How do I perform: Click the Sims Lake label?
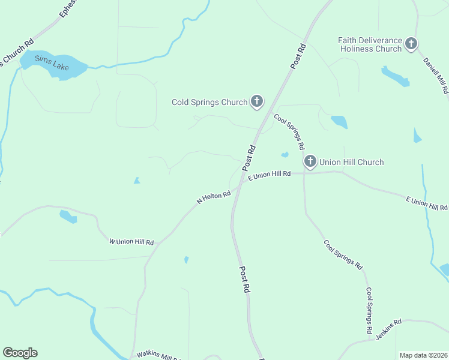(x=53, y=62)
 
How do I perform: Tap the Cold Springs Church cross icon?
(x=257, y=101)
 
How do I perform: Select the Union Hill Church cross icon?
(x=310, y=161)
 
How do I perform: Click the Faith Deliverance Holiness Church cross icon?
(x=411, y=43)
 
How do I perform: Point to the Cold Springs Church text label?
(x=209, y=102)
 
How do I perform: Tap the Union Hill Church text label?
(x=352, y=162)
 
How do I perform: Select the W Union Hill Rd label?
(x=131, y=242)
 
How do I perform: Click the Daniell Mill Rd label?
(x=436, y=76)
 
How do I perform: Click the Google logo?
(x=20, y=353)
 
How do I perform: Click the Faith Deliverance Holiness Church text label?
(x=370, y=44)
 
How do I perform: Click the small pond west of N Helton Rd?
(x=137, y=180)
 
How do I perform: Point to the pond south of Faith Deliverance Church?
(x=394, y=76)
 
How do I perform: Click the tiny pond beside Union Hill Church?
(x=285, y=155)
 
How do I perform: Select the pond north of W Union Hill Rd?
(x=68, y=217)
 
